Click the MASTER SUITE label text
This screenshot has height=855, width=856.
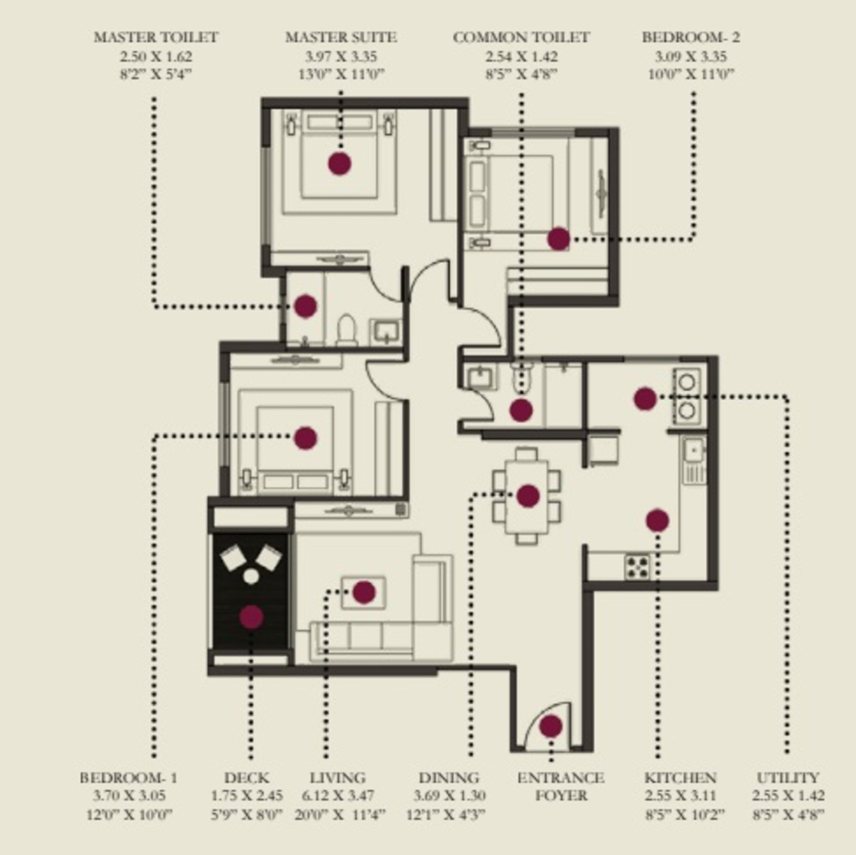point(341,37)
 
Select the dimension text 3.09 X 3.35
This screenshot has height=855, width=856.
point(691,57)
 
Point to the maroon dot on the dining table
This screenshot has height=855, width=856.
point(528,495)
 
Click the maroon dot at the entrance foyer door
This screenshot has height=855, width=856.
point(551,726)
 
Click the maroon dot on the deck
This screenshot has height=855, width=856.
point(251,617)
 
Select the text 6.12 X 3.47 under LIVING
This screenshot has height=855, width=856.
point(338,796)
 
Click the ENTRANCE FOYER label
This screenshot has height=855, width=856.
point(561,786)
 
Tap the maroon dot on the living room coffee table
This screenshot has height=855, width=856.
point(364,593)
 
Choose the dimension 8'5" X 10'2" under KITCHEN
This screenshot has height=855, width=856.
point(685,814)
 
